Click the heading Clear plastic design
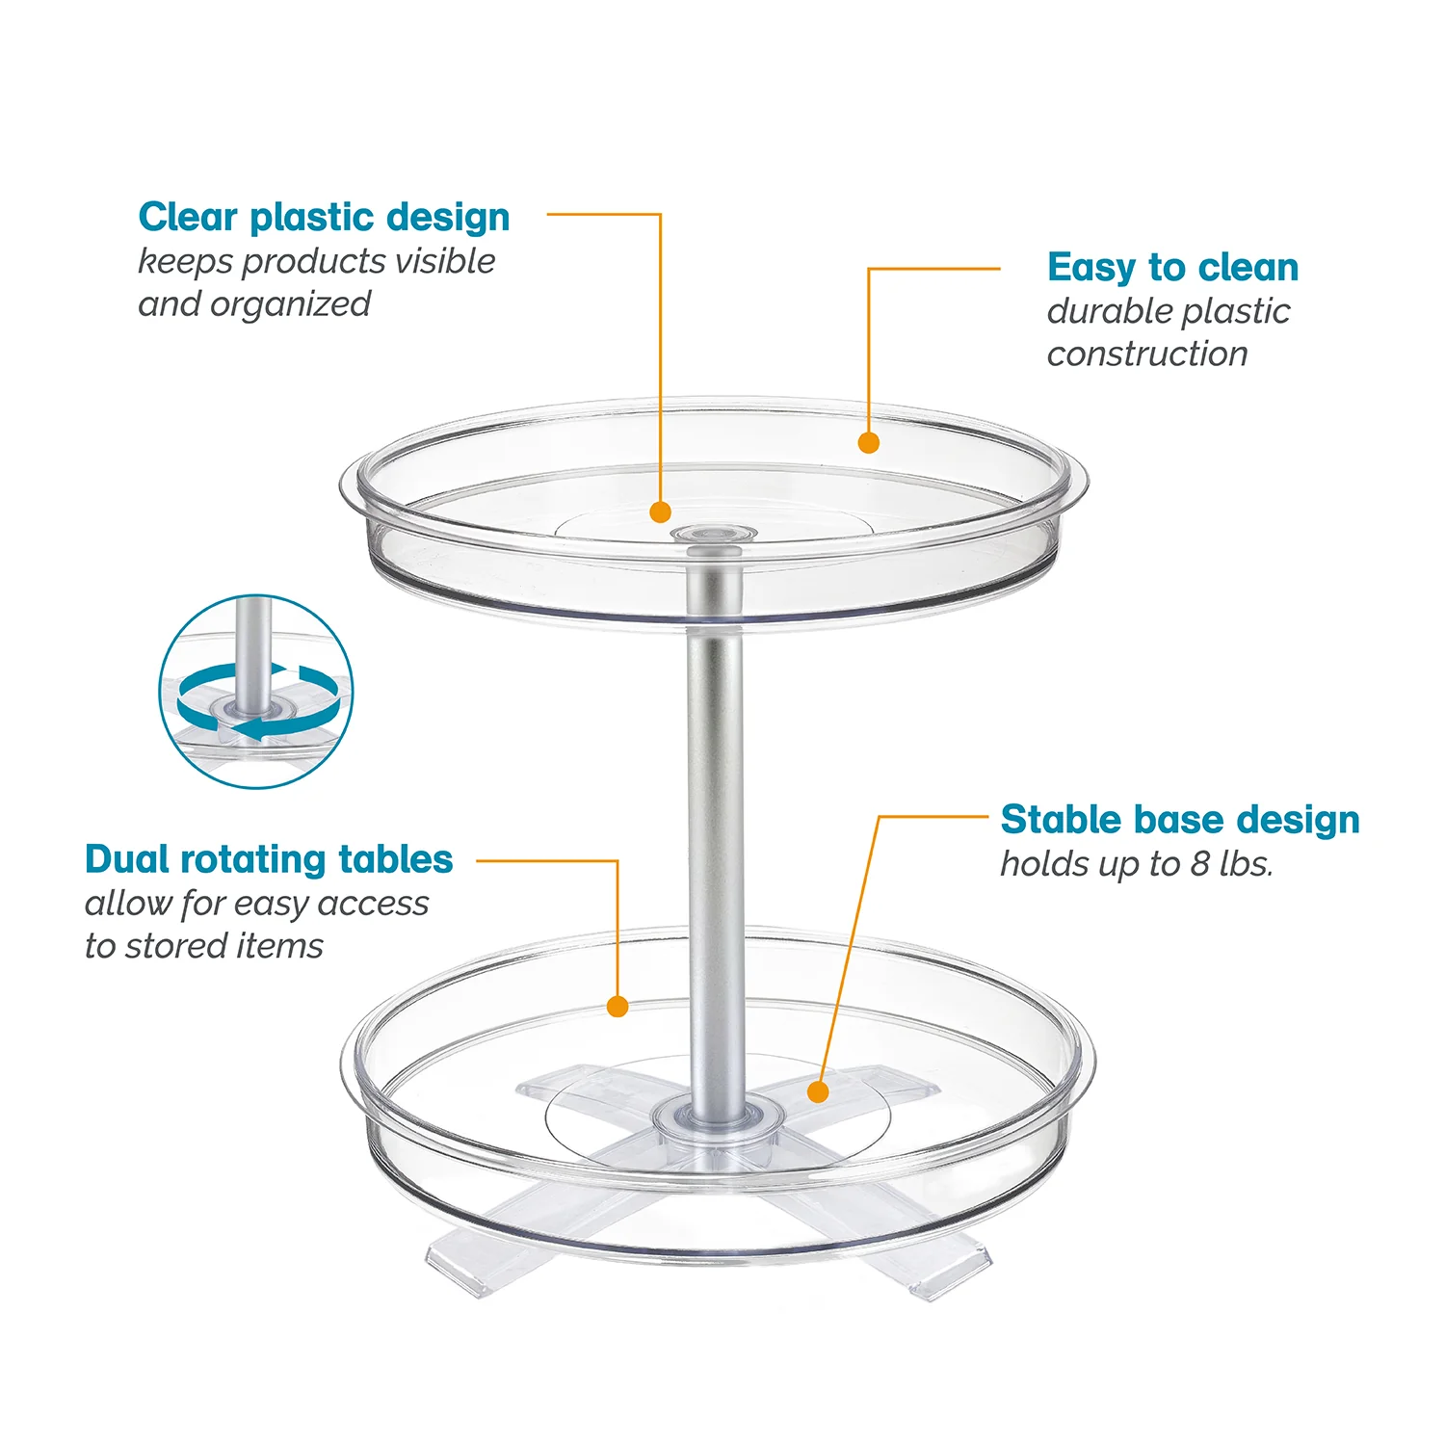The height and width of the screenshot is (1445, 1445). click(x=324, y=218)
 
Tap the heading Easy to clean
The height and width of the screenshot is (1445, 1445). click(x=1172, y=268)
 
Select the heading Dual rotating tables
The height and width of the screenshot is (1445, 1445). click(x=269, y=859)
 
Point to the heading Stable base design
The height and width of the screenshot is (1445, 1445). click(x=1180, y=820)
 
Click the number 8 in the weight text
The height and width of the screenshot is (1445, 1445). click(x=1199, y=864)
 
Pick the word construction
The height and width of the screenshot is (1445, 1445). click(x=1147, y=355)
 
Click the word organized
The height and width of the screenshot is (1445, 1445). click(x=290, y=304)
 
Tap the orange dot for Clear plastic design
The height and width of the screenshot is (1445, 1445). click(x=660, y=512)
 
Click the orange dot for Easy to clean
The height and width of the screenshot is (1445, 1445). click(x=868, y=442)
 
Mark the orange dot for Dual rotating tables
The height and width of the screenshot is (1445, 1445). click(x=617, y=1007)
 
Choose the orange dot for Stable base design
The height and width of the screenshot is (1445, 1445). click(x=818, y=1091)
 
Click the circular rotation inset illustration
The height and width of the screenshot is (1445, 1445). click(x=256, y=692)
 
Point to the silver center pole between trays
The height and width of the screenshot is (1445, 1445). click(x=715, y=819)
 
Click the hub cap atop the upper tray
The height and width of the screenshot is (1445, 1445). click(x=714, y=531)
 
